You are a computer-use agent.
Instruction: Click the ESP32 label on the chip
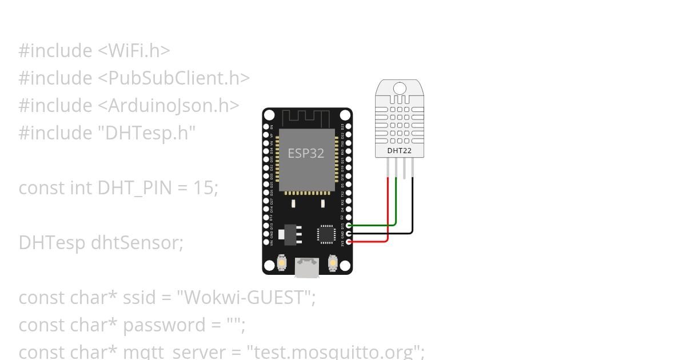click(306, 153)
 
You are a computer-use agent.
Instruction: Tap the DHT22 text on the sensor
click(399, 151)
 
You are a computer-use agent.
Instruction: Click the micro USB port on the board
click(307, 267)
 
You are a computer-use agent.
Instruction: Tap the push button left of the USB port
click(281, 263)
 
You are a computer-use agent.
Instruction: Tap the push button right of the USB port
click(333, 263)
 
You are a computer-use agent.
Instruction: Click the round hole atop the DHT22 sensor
click(399, 88)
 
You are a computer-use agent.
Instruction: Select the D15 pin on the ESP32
click(349, 226)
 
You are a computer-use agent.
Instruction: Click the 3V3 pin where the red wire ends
click(349, 242)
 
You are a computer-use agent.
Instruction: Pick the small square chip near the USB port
click(326, 234)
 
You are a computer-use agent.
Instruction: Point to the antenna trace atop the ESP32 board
click(305, 117)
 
